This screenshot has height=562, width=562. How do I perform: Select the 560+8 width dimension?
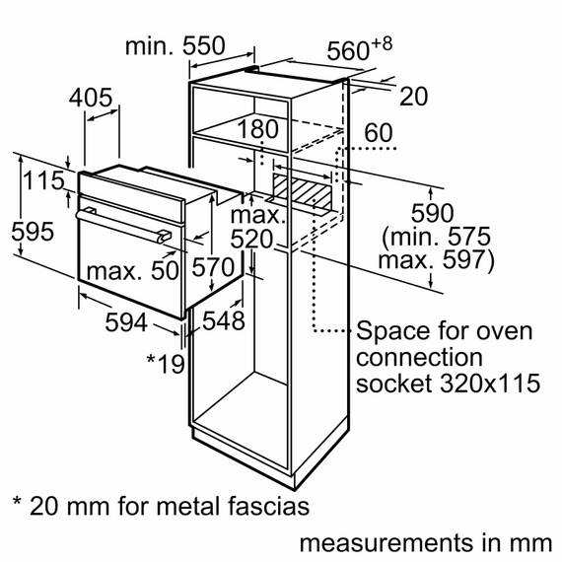pos(359,50)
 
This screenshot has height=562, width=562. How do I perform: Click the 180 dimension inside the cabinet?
pos(257,129)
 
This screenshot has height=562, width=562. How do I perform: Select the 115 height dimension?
pos(43,180)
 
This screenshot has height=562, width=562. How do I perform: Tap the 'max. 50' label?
pos(130,270)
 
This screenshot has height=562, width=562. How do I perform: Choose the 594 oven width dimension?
pos(127,322)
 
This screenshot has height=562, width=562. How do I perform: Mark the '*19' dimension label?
pos(165,364)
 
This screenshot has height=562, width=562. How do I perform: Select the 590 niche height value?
pos(432,213)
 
